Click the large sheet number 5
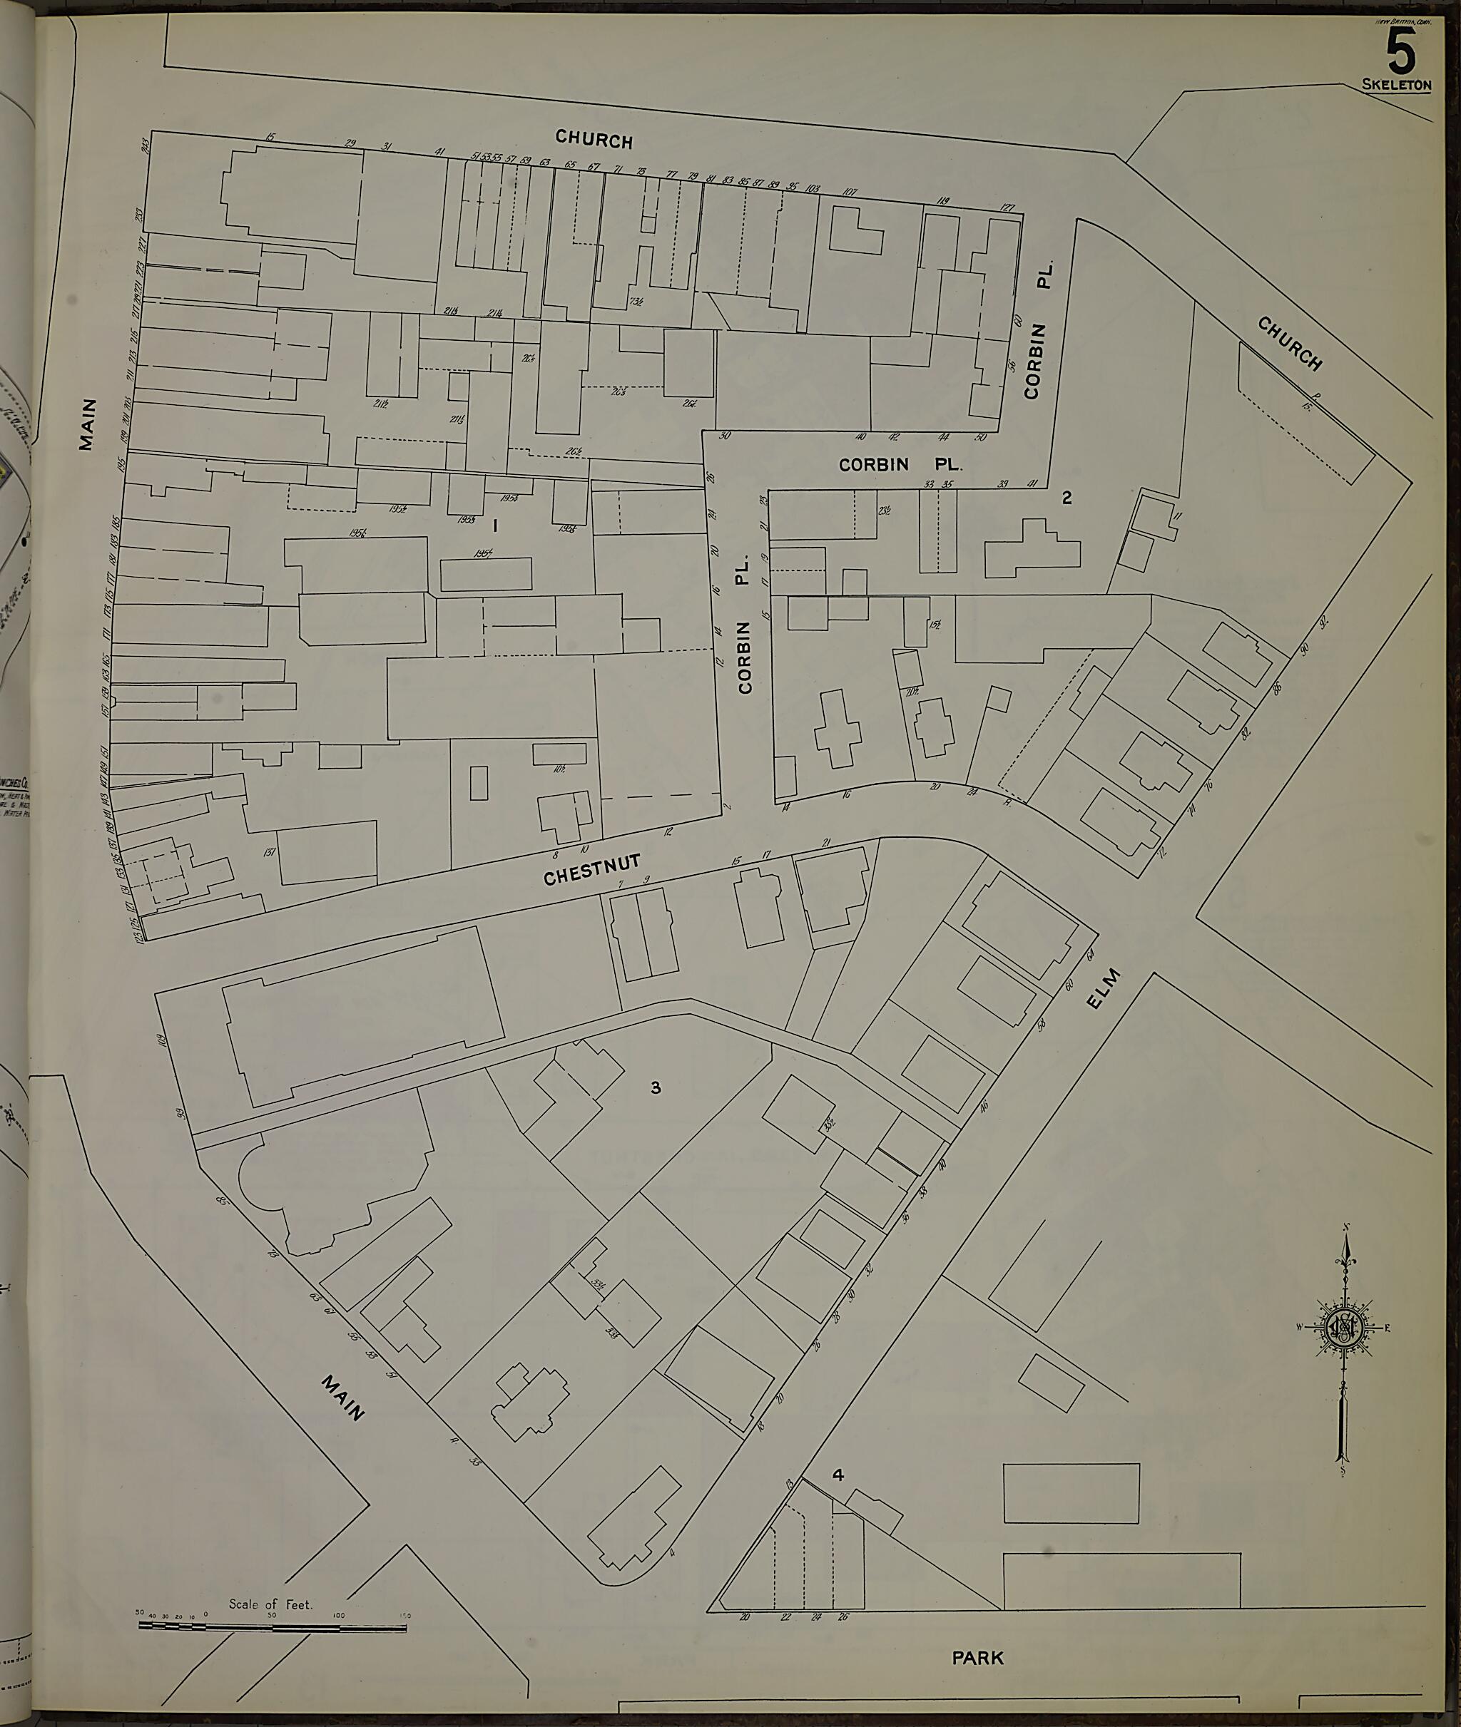coord(1400,51)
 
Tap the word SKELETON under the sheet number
coord(1396,84)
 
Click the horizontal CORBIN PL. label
coord(900,464)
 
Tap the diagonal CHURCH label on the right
coord(1290,343)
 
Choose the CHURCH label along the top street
coord(594,139)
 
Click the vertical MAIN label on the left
coord(87,424)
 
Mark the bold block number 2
coord(1067,498)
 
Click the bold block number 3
coord(656,1087)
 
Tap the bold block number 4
coord(838,1475)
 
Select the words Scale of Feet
coord(271,1604)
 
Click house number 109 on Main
coord(163,1040)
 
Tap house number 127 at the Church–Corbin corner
coord(1007,207)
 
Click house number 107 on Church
coord(849,192)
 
